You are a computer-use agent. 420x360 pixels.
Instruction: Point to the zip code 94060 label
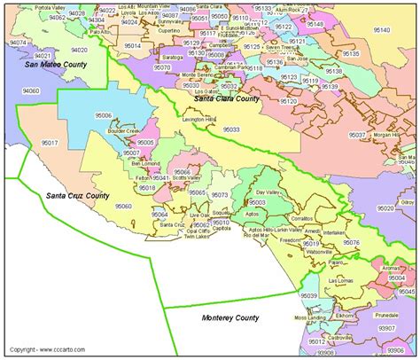[x=31, y=91]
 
